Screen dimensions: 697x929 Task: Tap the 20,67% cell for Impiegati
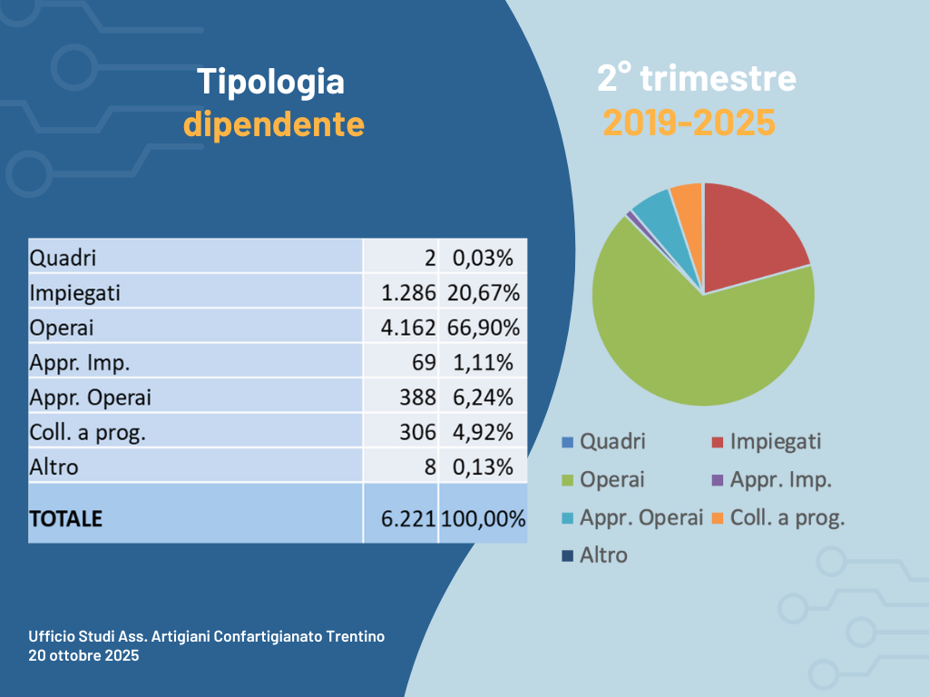click(x=482, y=293)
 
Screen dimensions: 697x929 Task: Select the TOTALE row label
click(x=66, y=519)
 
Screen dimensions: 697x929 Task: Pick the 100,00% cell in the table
click(x=483, y=519)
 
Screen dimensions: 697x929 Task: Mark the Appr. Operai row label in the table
click(x=91, y=398)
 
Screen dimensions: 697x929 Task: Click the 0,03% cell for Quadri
click(x=482, y=258)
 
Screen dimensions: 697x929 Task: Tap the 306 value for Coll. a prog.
click(x=418, y=432)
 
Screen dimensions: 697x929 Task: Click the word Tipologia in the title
click(x=271, y=82)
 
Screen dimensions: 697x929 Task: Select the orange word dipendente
click(x=274, y=124)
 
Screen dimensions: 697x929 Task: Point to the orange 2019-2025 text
click(x=689, y=123)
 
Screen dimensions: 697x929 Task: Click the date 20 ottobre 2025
click(x=83, y=655)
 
